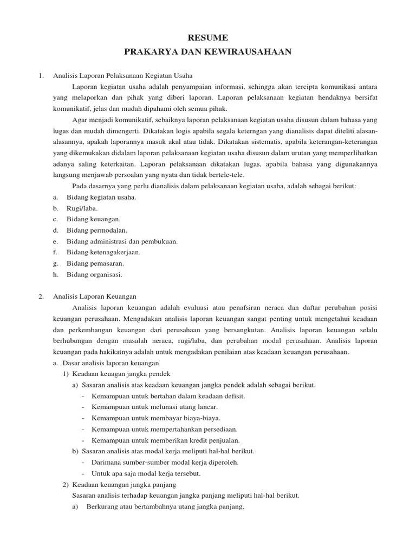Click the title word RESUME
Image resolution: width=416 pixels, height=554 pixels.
coord(207,37)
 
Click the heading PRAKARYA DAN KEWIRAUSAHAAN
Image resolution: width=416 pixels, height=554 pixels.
coord(207,51)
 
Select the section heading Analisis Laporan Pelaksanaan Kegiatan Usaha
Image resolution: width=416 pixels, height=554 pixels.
coord(122,76)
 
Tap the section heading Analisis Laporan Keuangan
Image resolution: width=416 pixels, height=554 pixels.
coord(95,296)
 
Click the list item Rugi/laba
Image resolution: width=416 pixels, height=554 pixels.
coord(82,208)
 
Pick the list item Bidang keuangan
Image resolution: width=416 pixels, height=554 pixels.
coord(93,219)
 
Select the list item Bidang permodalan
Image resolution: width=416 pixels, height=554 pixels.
coord(97,230)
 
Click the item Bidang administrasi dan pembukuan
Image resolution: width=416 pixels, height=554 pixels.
coord(122,241)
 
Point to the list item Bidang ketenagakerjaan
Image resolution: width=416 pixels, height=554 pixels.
coord(103,252)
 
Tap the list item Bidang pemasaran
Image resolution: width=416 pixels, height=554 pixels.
coord(95,263)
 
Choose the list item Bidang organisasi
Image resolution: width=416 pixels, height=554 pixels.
coord(94,274)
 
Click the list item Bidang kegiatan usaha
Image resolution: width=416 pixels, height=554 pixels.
coord(101,197)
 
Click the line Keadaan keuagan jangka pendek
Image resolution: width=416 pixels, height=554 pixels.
coord(121,374)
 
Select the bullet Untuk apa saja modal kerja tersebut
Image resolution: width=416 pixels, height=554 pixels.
coord(146,473)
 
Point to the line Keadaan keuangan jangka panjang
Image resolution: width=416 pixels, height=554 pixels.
coord(124,484)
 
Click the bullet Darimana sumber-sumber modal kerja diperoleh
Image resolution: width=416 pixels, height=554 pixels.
coord(165,462)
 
